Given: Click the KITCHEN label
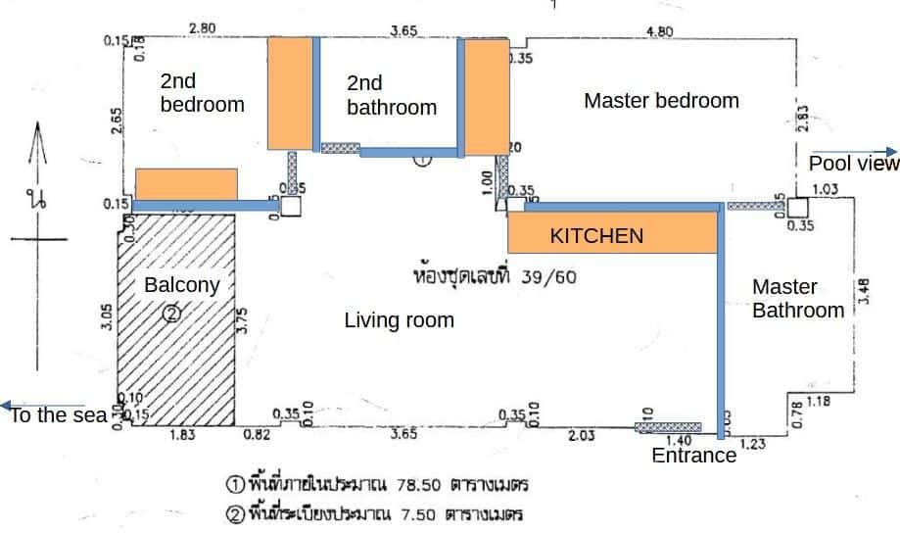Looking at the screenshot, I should click(596, 236).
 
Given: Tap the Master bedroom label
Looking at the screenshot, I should click(661, 100).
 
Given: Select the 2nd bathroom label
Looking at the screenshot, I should click(392, 96).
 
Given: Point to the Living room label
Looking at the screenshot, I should click(400, 319).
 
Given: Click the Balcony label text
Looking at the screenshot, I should click(181, 285).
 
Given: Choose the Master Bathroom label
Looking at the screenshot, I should click(798, 299).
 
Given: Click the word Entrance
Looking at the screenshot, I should click(694, 456).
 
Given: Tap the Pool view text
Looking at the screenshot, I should click(853, 163).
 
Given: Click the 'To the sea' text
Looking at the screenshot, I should click(58, 415).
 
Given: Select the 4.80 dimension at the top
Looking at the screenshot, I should click(660, 31).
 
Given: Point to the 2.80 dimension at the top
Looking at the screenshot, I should click(202, 28).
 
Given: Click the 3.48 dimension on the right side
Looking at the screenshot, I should click(864, 291).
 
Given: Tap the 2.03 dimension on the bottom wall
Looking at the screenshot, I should click(581, 436).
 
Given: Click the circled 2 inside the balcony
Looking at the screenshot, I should click(171, 314).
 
